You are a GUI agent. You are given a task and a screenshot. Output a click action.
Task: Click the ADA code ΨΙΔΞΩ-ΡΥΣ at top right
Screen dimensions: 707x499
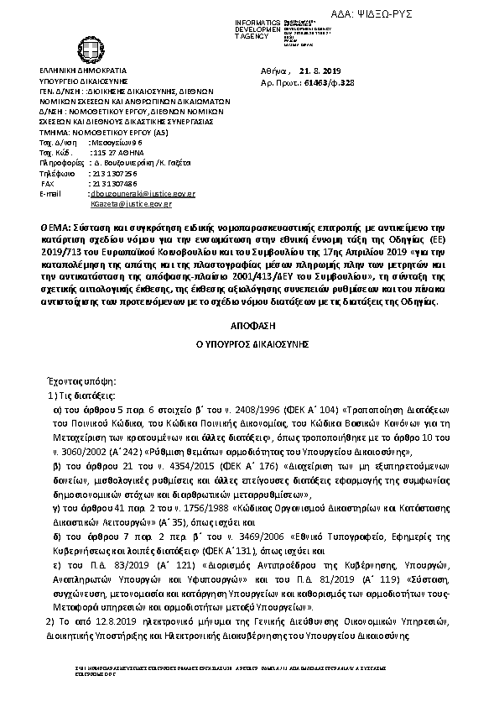click(450, 17)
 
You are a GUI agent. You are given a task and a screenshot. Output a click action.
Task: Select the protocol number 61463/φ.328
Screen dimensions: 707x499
click(330, 85)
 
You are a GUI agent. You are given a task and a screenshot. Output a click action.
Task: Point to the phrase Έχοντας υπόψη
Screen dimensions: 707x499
click(73, 380)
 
